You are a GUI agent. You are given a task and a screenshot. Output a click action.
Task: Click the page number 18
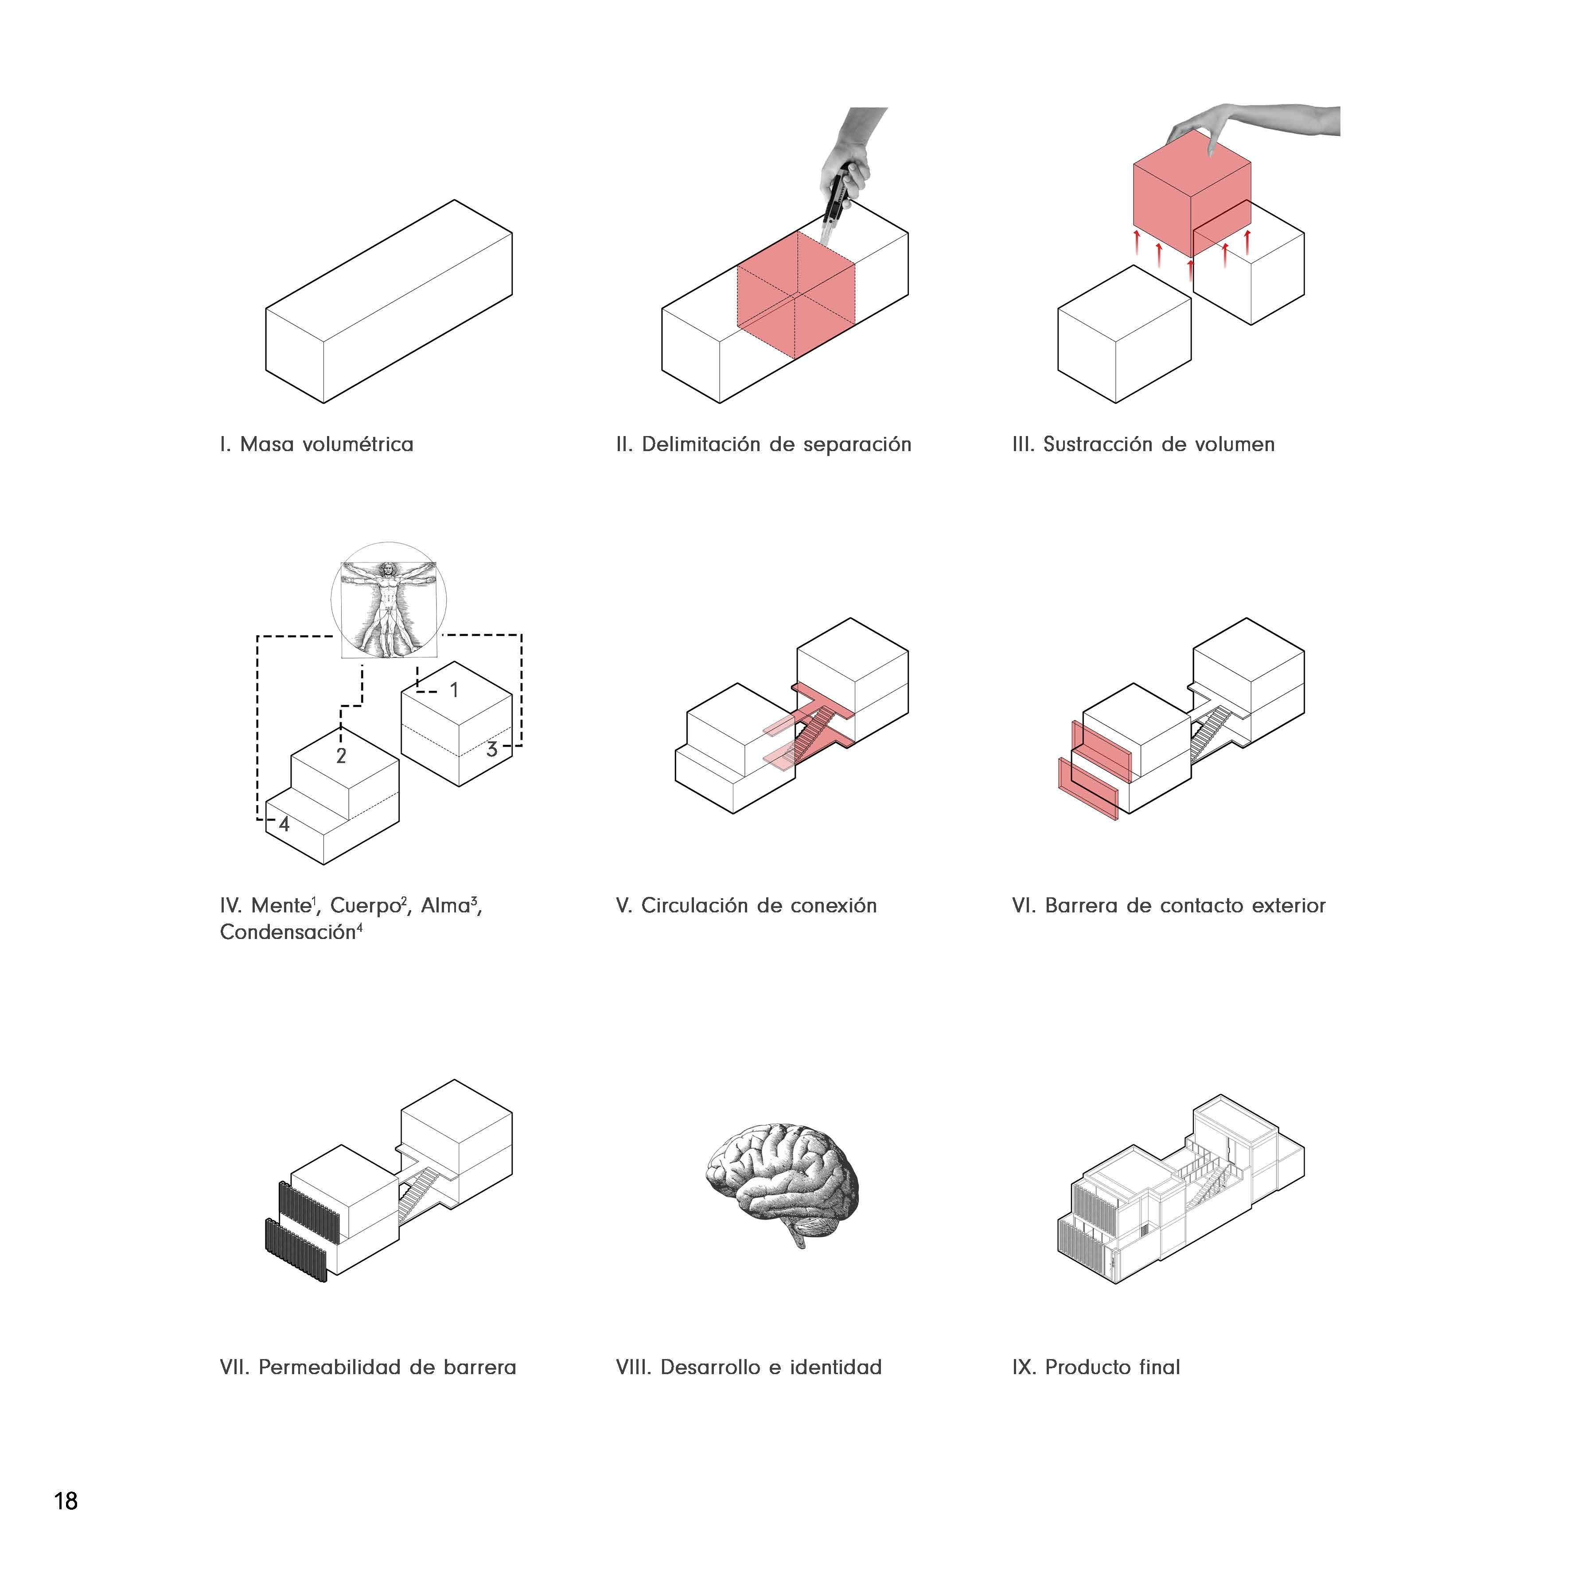66,1500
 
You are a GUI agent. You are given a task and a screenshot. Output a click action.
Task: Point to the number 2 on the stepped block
341,756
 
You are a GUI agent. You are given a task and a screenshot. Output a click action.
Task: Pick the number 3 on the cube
491,749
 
